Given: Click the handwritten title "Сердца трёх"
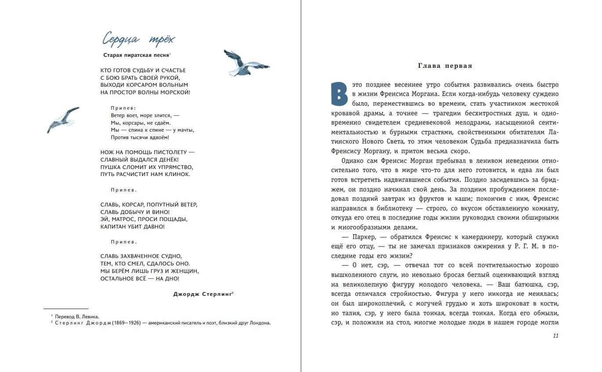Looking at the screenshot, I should [x=139, y=40].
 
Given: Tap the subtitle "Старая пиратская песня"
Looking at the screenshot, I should [x=136, y=55].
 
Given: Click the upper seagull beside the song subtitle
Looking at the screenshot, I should [x=245, y=63].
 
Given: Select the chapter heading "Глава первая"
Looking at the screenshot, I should [x=445, y=66].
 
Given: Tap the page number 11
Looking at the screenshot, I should [x=555, y=336].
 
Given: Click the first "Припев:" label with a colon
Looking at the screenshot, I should [x=124, y=108].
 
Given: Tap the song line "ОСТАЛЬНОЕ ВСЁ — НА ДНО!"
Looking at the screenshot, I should [x=140, y=279].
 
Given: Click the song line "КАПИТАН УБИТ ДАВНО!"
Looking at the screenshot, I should [x=132, y=227].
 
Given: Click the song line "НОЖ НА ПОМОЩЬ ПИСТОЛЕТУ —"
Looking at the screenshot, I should [x=147, y=152].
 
